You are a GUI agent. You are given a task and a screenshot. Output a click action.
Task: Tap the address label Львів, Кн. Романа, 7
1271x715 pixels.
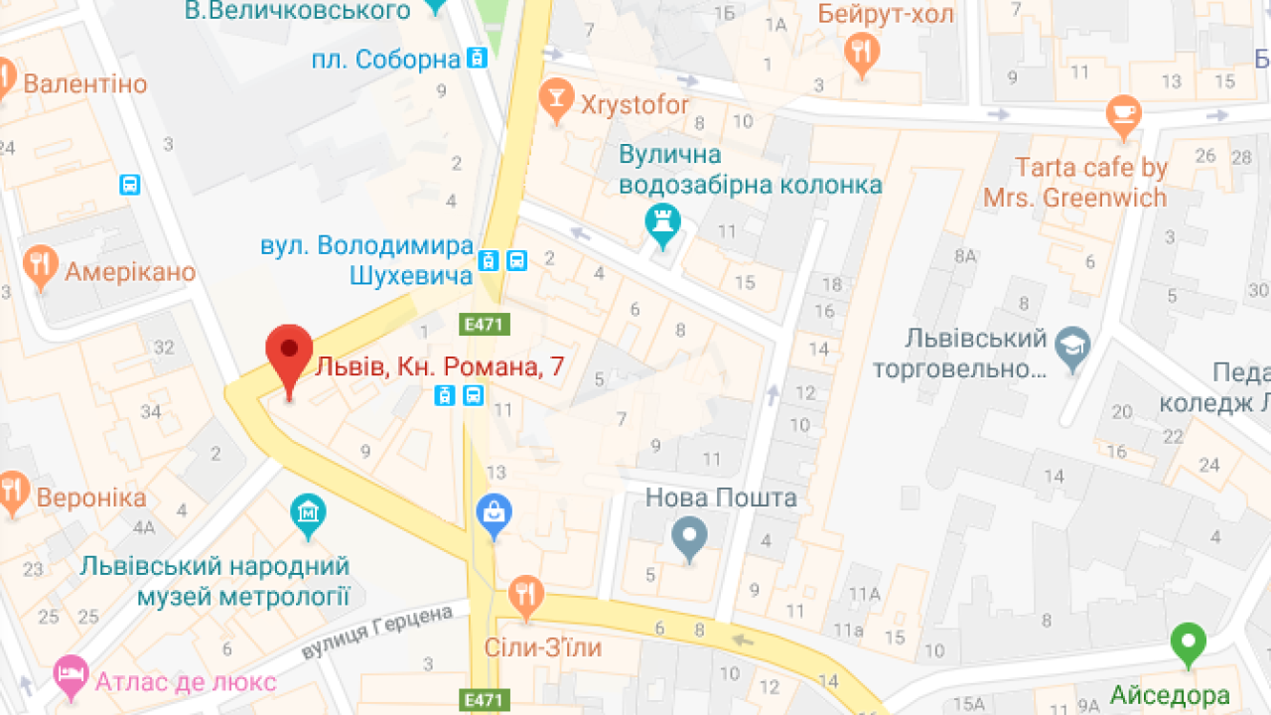439,367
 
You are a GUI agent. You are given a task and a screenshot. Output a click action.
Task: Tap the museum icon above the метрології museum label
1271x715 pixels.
308,513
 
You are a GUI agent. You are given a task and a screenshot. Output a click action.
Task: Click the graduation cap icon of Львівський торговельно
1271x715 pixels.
1072,348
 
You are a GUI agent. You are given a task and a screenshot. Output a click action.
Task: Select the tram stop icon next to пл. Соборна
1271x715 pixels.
478,59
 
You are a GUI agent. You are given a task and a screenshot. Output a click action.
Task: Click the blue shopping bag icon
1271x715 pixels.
494,513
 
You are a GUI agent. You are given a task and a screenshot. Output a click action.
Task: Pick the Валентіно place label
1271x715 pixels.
84,84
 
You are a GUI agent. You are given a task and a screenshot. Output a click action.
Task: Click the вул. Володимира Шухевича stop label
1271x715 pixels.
365,260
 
